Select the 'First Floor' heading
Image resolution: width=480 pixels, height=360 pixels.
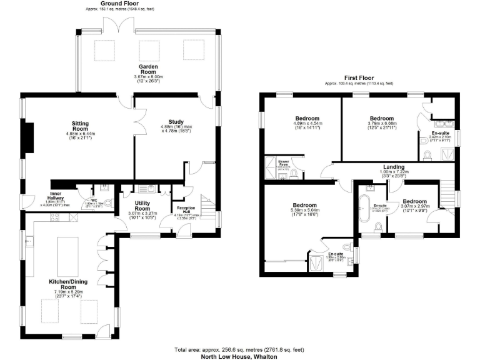(x=359, y=77)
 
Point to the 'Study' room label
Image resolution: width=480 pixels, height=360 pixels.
(x=176, y=122)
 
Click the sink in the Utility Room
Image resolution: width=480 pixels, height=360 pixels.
(x=144, y=188)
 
